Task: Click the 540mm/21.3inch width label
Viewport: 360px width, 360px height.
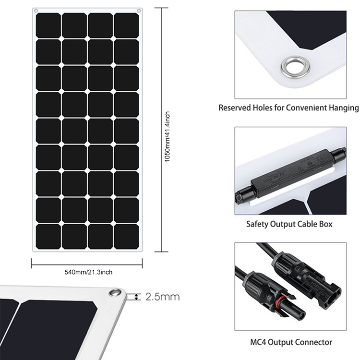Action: [88, 272]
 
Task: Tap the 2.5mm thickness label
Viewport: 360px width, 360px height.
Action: [163, 297]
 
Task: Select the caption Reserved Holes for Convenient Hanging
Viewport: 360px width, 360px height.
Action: [288, 108]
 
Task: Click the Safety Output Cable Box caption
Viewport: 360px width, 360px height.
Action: [289, 224]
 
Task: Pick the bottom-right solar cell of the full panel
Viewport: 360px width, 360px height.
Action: [126, 236]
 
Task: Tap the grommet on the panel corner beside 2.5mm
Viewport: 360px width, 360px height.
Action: [115, 292]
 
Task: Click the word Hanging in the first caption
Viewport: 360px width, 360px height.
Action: [342, 108]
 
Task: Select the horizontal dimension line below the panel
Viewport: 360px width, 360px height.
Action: [87, 263]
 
